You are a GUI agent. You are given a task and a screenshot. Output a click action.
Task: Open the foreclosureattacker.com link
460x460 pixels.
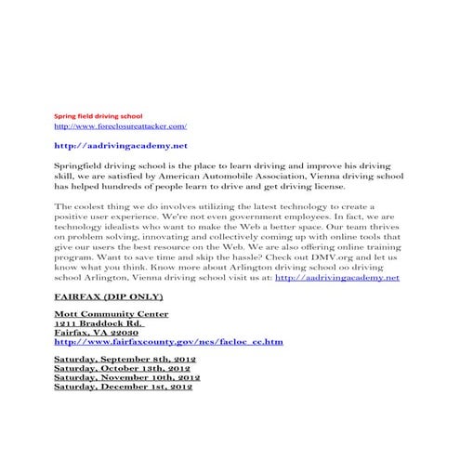121,125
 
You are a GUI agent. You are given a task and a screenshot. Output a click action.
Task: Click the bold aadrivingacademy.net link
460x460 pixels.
121,146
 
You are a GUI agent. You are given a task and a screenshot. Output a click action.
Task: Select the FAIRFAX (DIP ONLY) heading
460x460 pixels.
110,296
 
